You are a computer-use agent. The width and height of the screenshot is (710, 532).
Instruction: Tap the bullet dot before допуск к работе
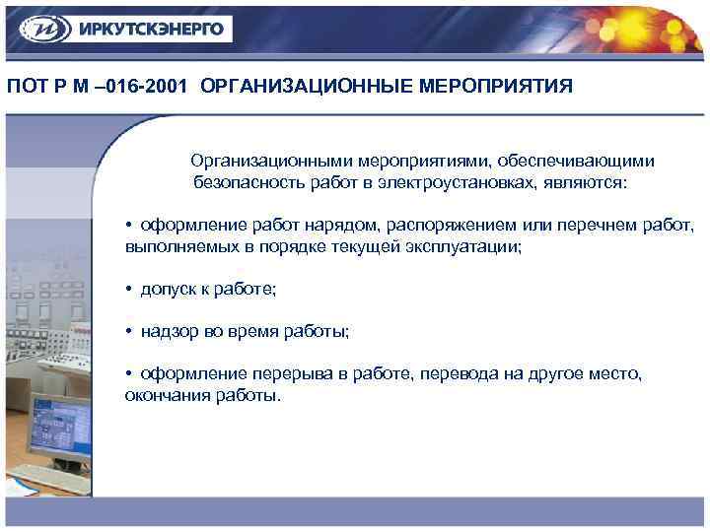click(x=129, y=290)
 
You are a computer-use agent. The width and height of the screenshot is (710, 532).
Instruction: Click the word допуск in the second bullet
click(x=169, y=290)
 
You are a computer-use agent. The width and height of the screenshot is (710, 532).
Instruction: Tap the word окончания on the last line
click(x=163, y=395)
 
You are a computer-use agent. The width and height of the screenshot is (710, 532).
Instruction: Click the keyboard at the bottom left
click(x=49, y=478)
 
